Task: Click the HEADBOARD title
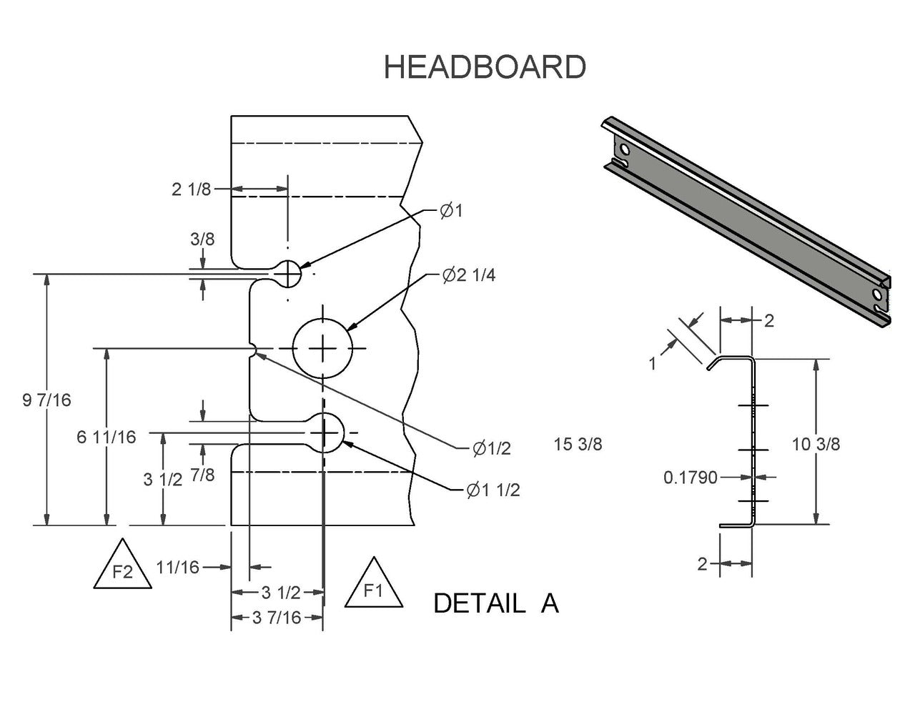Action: coord(485,66)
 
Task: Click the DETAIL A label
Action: coord(495,604)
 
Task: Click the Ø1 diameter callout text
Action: coord(452,211)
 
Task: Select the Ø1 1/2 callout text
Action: coord(492,490)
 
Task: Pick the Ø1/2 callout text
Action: coord(491,448)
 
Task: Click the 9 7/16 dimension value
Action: coord(47,400)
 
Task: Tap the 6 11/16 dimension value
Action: coord(106,437)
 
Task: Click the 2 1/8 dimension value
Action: coord(191,189)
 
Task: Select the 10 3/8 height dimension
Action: coord(816,444)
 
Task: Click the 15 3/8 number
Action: coord(578,444)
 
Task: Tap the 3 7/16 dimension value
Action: coord(277,618)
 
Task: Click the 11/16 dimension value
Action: coord(177,567)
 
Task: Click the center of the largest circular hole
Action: coord(323,349)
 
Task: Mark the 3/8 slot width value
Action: coord(203,239)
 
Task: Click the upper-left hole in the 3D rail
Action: coord(626,151)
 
